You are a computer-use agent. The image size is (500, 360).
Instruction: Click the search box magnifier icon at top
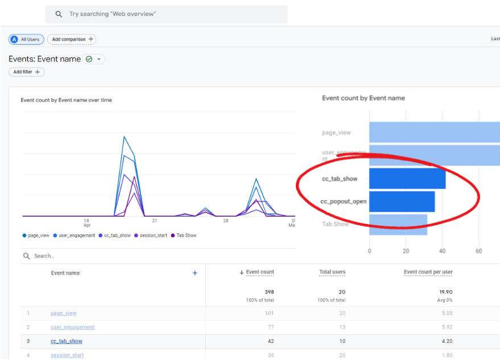click(59, 14)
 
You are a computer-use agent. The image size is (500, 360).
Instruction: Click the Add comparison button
click(72, 39)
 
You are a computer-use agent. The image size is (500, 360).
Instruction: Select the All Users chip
click(26, 39)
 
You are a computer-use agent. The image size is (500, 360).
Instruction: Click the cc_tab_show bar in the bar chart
click(407, 179)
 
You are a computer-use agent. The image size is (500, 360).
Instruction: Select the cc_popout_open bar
click(402, 201)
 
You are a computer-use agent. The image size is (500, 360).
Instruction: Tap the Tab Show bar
click(398, 224)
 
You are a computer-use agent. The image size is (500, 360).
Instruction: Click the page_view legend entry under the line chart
click(36, 235)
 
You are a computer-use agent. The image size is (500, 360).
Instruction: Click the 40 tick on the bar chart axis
click(443, 251)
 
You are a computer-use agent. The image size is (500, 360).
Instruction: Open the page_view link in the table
click(63, 313)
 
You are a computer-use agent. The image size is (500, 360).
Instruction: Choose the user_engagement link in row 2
click(72, 328)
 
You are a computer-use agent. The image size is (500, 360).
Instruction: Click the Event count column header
click(259, 272)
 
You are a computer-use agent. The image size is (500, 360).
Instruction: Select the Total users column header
click(332, 272)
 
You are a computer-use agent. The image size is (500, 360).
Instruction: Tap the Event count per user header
click(428, 272)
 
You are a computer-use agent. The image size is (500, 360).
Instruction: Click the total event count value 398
click(268, 292)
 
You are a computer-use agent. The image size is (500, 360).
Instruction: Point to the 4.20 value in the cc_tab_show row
click(446, 341)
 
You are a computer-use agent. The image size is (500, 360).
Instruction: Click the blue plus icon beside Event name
click(195, 273)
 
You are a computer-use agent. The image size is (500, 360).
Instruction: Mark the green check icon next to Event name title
click(89, 59)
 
